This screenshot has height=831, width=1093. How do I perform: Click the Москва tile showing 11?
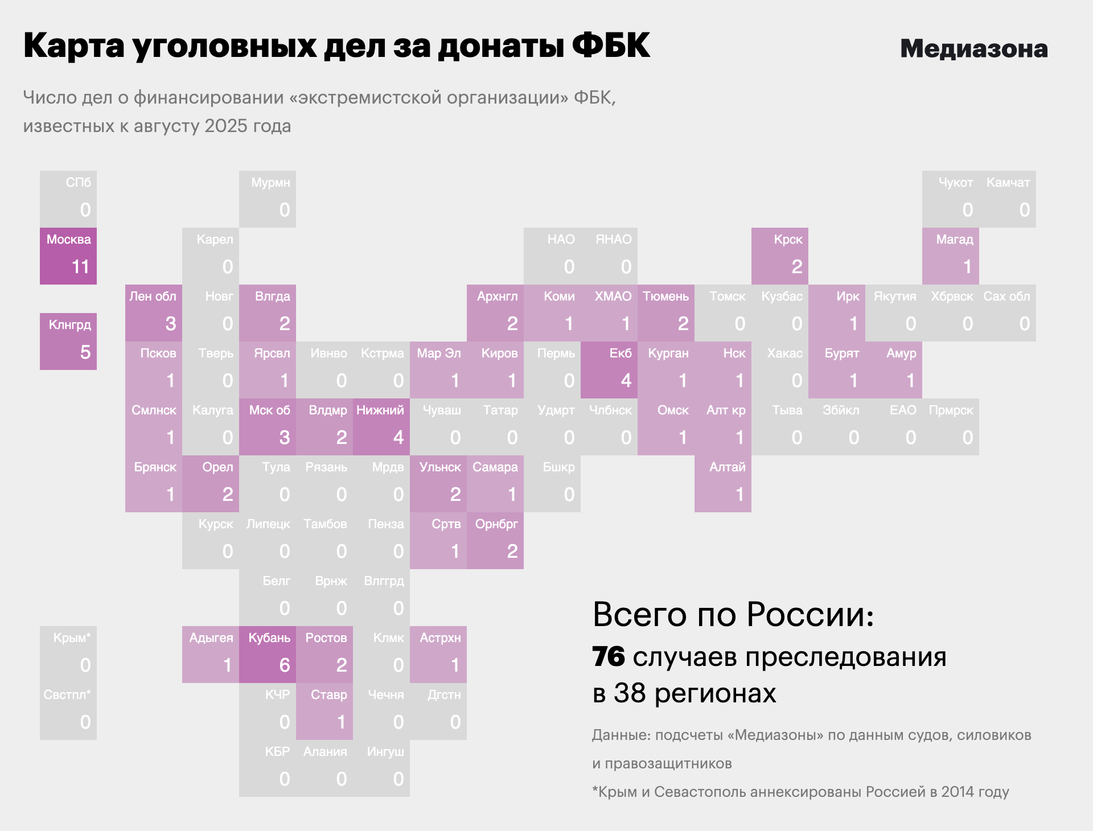point(68,256)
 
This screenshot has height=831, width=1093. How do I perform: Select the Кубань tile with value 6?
point(268,655)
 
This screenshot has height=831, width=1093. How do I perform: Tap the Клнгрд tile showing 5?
point(68,342)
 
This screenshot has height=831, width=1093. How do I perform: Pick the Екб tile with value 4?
point(609,370)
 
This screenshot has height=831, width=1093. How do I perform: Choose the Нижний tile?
point(381,427)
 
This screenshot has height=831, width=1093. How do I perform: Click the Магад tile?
point(951,256)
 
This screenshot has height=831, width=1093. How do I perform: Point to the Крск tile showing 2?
point(780,256)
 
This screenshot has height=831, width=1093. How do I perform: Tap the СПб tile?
point(68,199)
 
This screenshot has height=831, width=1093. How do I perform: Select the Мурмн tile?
point(268,199)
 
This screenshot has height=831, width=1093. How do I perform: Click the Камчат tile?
point(1008,199)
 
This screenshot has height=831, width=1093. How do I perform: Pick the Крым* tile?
point(68,655)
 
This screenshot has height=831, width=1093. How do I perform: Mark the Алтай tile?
point(723,484)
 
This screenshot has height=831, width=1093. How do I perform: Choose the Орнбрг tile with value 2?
point(495,541)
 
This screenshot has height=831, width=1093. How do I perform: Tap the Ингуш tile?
point(381,768)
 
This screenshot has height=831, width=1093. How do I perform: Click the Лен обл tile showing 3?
point(154,313)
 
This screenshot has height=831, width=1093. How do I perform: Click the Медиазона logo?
point(973,49)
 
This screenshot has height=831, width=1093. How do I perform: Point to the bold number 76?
point(609,657)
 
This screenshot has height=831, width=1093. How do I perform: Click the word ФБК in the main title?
point(610,46)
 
